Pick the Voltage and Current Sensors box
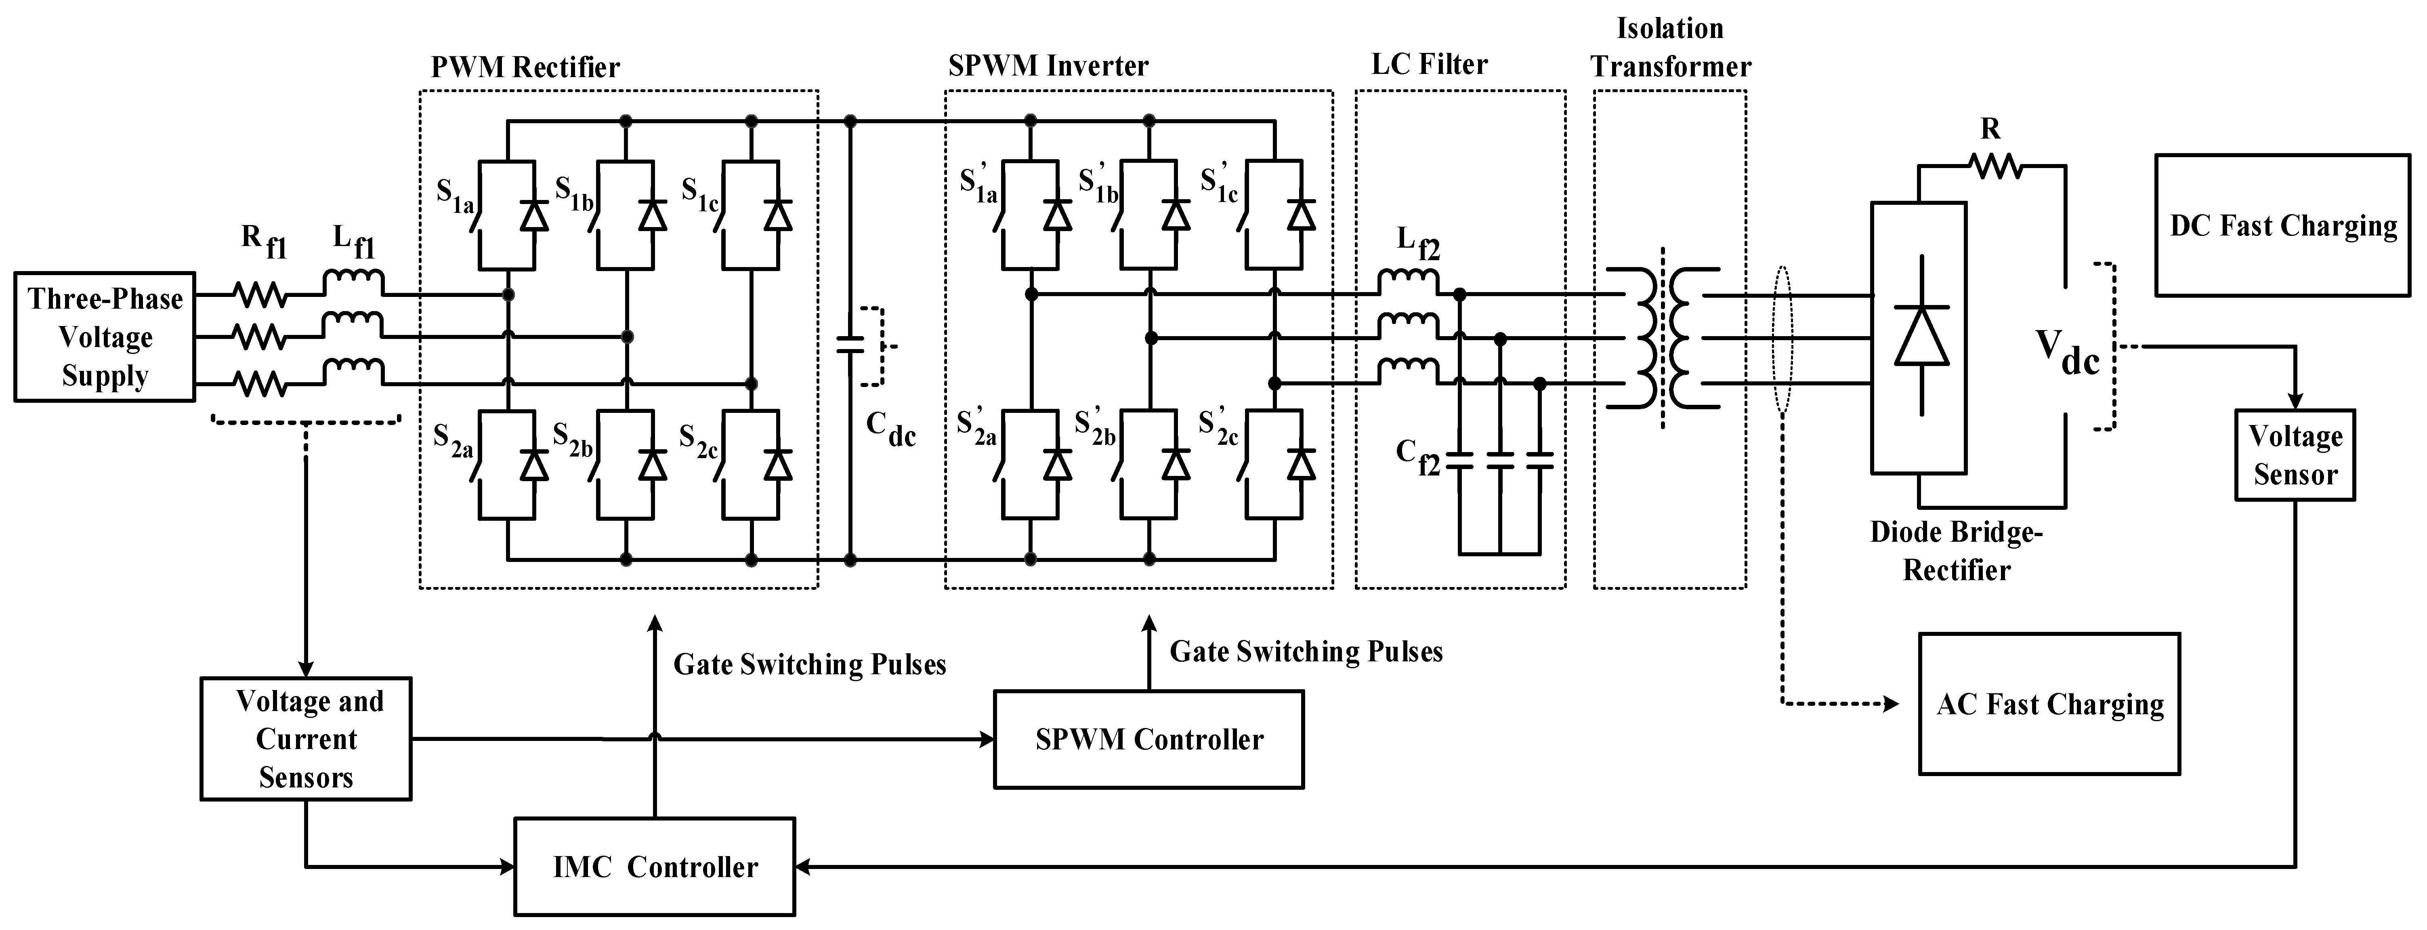tap(306, 739)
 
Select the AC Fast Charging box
tap(2050, 704)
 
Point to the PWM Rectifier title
tap(525, 67)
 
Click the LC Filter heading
tap(1429, 64)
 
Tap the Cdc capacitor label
tap(890, 430)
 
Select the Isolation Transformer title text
tap(1671, 47)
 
